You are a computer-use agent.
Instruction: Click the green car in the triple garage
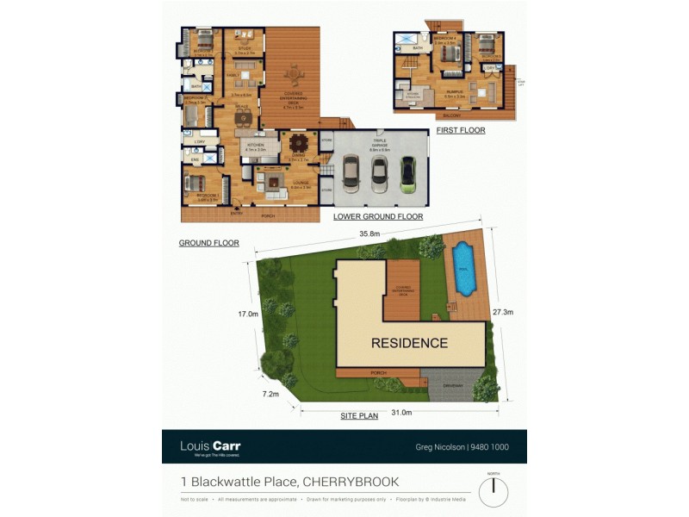408,175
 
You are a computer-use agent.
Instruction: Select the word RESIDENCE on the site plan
409,343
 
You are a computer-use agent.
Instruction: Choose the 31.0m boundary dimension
401,413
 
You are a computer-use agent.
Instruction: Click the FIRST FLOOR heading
461,131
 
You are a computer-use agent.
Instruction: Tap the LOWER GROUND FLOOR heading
378,216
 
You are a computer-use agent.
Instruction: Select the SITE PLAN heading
359,415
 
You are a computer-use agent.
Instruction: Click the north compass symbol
493,492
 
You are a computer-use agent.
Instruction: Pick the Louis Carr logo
210,446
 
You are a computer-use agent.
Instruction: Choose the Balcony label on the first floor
450,114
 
